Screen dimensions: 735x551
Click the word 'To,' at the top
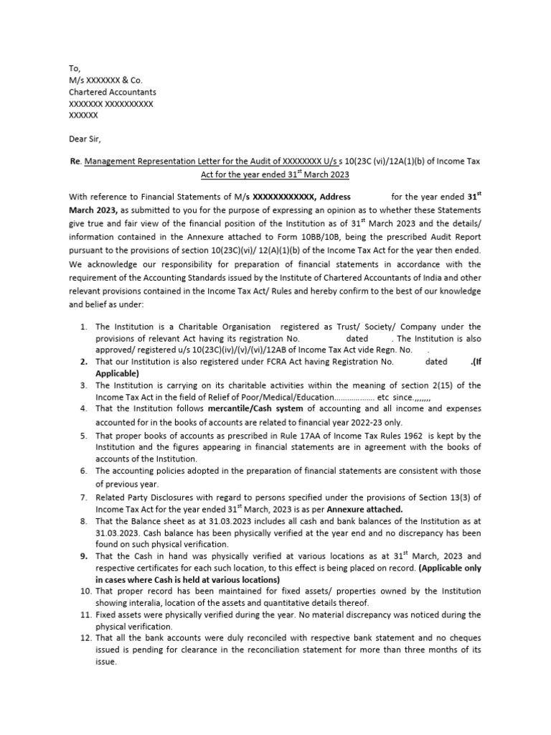[x=74, y=68]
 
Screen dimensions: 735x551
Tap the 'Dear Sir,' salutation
[x=86, y=139]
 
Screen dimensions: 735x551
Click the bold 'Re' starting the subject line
[x=74, y=162]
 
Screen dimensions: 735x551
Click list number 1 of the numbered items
[x=83, y=327]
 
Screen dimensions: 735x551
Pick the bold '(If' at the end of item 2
[x=474, y=362]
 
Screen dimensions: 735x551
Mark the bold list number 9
[x=83, y=556]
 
